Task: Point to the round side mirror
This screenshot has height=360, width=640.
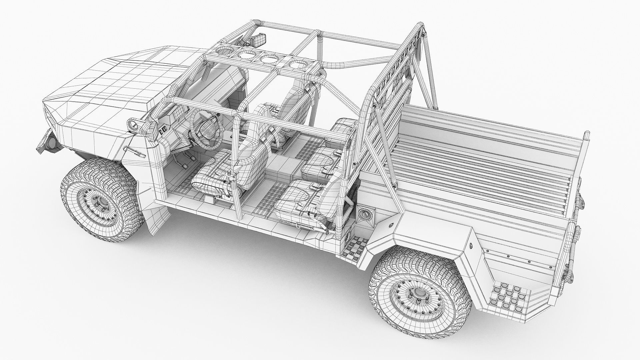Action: tap(133, 124)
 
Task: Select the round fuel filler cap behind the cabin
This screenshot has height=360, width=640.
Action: tap(365, 213)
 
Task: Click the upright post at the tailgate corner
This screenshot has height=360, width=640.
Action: tap(586, 138)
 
